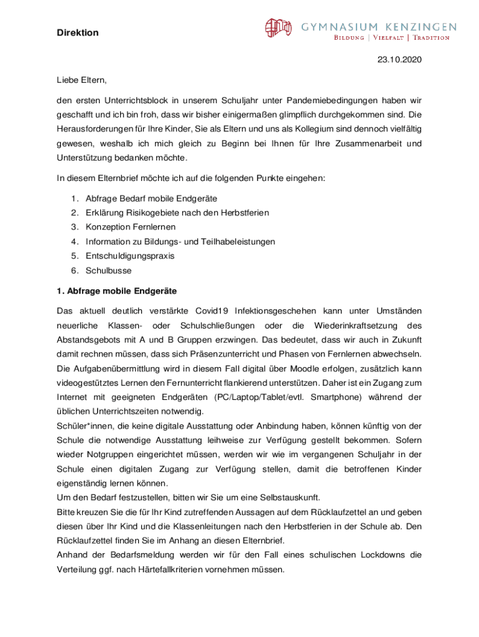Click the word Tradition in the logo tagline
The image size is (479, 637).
click(x=430, y=38)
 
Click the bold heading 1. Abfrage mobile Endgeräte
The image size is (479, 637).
click(x=116, y=291)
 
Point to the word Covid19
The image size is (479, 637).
click(x=212, y=310)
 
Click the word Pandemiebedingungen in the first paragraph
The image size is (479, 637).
click(x=324, y=100)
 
